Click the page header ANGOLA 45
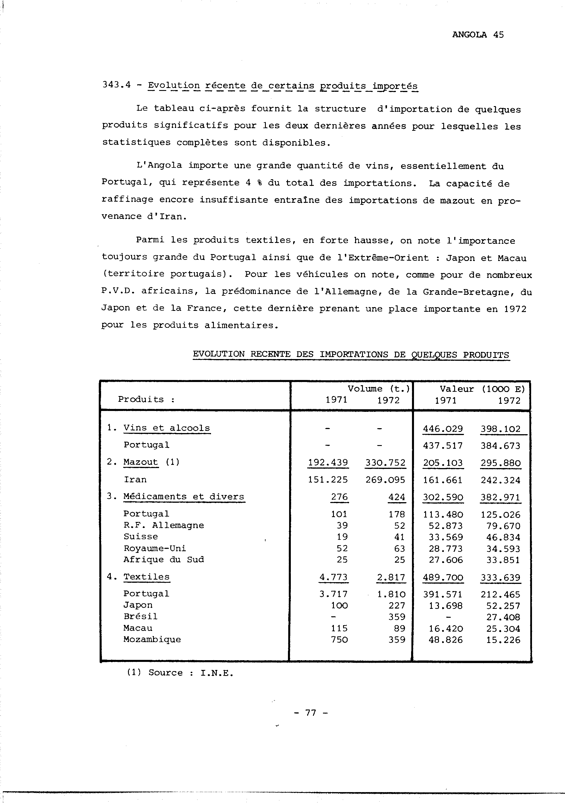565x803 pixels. (x=477, y=35)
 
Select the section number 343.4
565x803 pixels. (x=116, y=85)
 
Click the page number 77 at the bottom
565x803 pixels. (x=311, y=712)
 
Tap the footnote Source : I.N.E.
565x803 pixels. (x=180, y=673)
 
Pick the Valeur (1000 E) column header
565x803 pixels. (x=482, y=389)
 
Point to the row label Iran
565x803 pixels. (x=135, y=480)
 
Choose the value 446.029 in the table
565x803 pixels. (x=443, y=429)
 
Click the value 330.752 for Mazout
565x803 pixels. (x=385, y=463)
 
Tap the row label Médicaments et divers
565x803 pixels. (x=184, y=497)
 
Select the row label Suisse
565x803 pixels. (x=141, y=537)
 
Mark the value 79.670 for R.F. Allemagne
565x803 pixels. (x=503, y=526)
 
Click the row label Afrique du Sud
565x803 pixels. (x=163, y=560)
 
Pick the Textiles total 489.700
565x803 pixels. (x=443, y=577)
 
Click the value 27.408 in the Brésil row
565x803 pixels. (x=503, y=617)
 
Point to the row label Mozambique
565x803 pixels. (x=152, y=639)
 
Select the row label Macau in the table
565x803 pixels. (x=138, y=628)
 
